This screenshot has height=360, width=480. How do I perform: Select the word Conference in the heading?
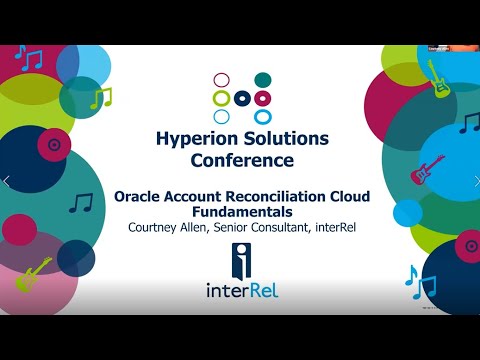(x=240, y=159)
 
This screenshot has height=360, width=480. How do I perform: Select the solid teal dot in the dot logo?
(x=263, y=79)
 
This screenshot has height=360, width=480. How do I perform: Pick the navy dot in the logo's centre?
(x=241, y=98)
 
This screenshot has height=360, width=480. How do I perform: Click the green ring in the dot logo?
(x=220, y=98)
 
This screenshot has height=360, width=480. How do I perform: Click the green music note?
(x=100, y=97)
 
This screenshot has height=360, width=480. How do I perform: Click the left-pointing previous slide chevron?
(x=7, y=181)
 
